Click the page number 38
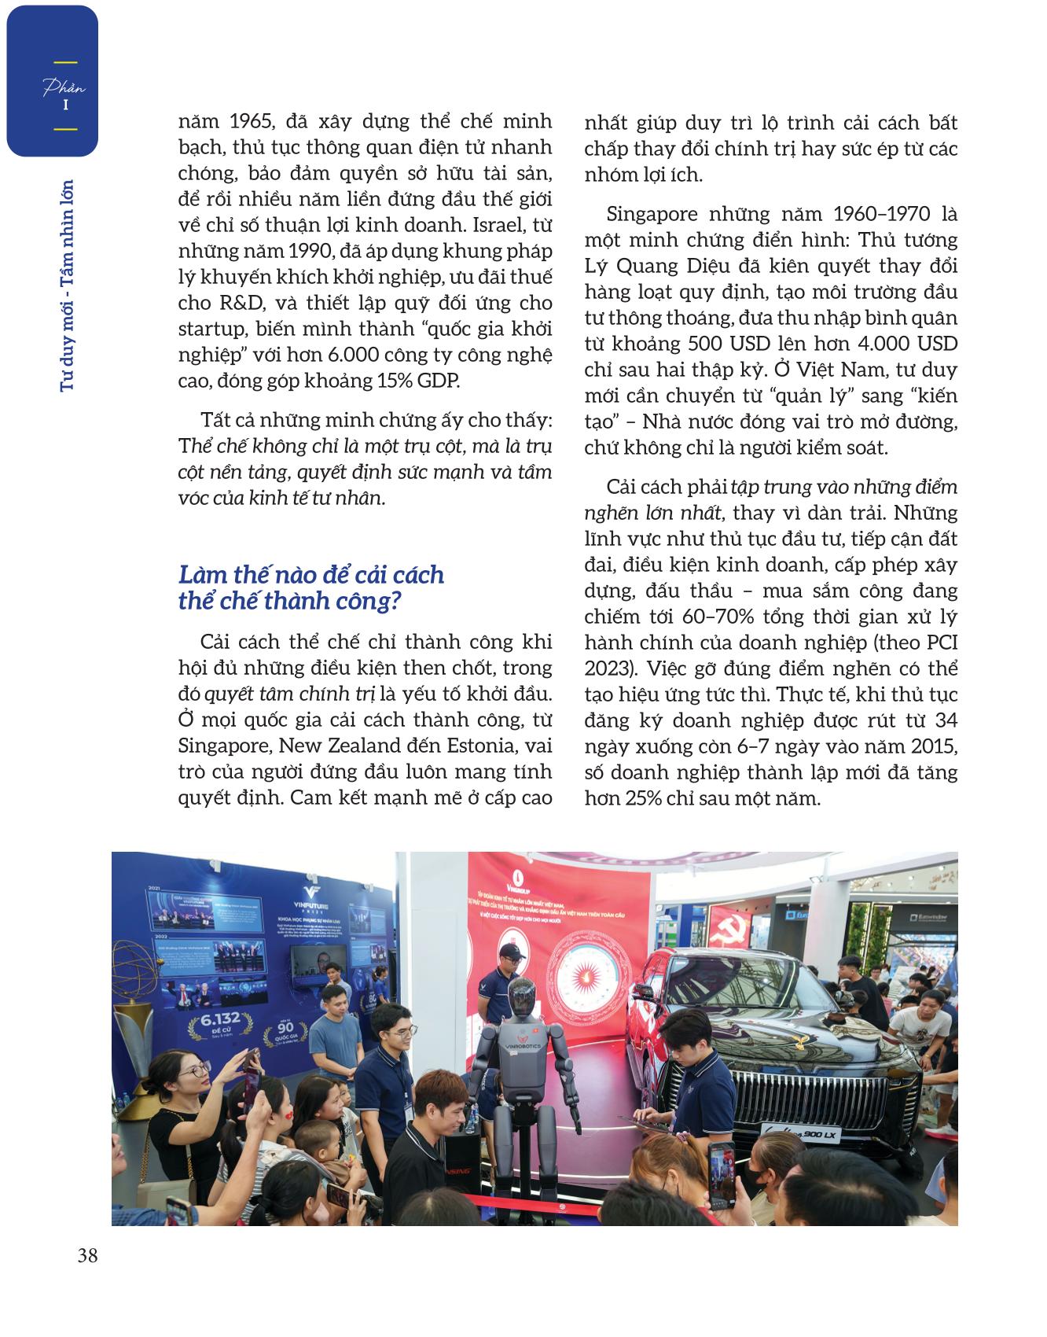coord(88,1256)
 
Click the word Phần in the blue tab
coord(64,88)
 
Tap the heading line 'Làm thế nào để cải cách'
coord(311,575)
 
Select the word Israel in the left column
coord(500,225)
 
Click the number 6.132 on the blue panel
coord(219,1020)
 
